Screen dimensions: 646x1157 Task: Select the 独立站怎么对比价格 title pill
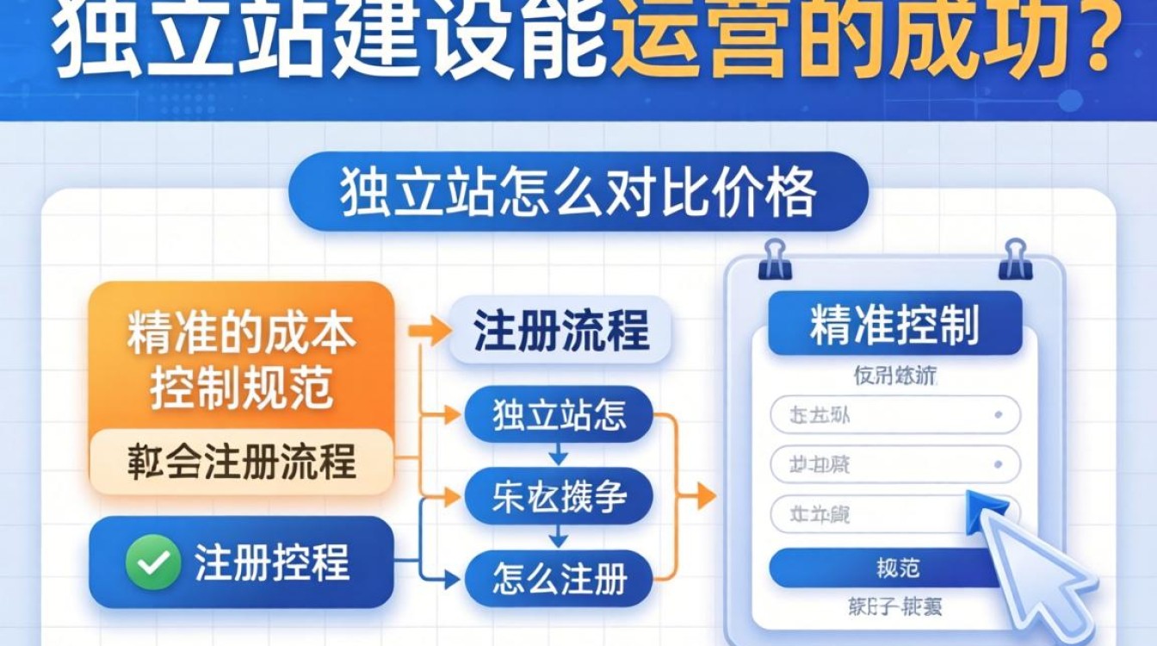(578, 192)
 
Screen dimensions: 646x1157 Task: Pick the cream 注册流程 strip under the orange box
(241, 463)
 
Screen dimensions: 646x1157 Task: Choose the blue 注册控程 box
(241, 562)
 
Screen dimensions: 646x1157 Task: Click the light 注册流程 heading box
(560, 331)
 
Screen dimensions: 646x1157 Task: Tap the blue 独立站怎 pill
(559, 415)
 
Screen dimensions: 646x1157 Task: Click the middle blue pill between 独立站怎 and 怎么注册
(559, 497)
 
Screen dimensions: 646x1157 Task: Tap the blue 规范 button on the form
(895, 568)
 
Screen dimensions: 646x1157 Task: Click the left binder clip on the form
(775, 258)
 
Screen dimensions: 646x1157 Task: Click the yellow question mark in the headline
(1110, 39)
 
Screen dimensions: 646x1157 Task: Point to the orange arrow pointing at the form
(701, 496)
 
